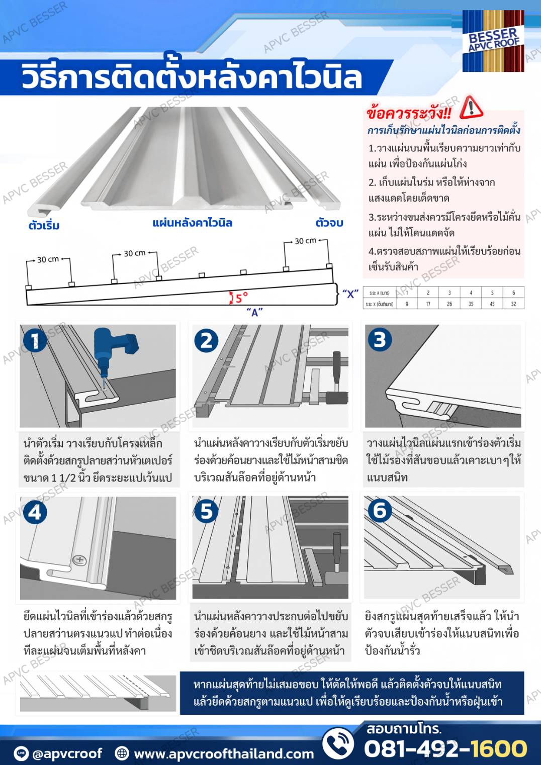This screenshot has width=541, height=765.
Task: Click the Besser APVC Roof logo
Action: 493,41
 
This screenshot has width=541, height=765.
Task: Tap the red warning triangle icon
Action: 471,107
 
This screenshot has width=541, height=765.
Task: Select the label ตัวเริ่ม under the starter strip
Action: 44,225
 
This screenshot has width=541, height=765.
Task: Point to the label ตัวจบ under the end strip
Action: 329,223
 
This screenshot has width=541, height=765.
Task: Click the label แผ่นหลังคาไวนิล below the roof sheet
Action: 192,223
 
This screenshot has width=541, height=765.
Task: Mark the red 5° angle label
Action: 241,298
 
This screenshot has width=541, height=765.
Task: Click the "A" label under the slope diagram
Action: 254,312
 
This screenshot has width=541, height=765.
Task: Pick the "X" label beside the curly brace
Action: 350,294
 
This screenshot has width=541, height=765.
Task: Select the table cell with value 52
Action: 513,304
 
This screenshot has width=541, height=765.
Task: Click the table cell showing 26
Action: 449,304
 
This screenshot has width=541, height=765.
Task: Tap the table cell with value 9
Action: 407,304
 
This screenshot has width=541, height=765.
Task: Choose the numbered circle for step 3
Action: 380,339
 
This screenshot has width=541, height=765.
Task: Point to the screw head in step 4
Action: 79,559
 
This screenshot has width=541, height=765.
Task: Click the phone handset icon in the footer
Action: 338,744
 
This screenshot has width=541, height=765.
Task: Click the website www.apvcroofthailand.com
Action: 224,753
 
